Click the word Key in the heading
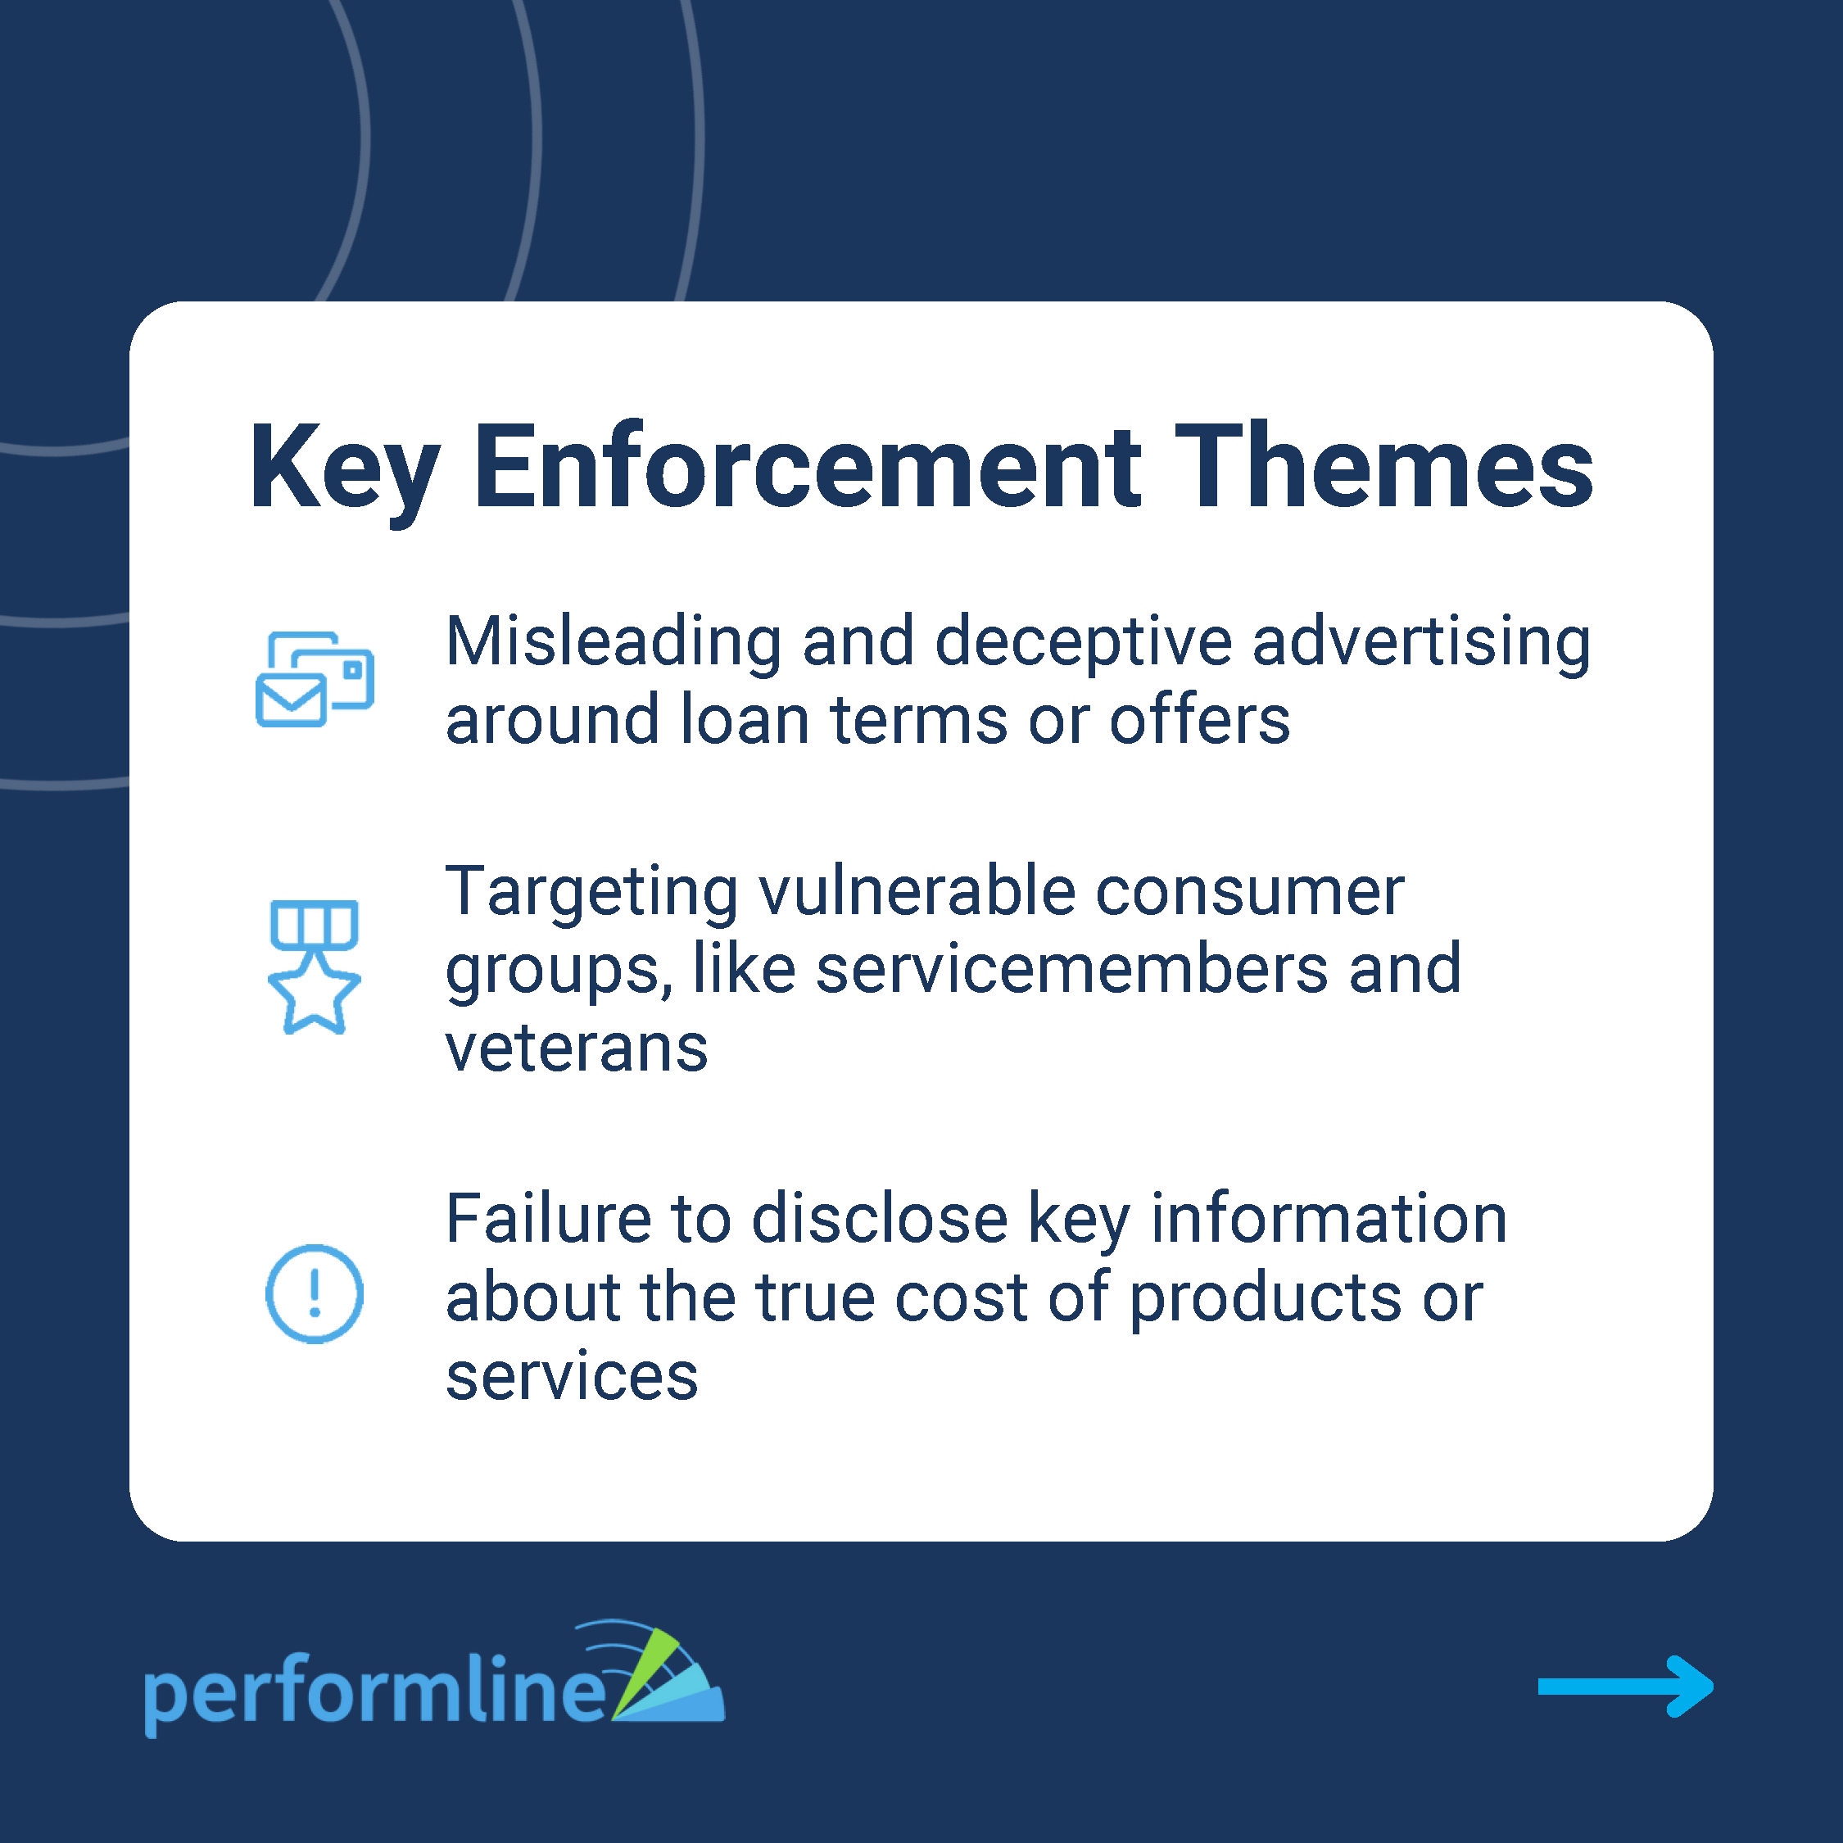[344, 469]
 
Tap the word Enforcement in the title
[807, 468]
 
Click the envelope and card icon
[315, 679]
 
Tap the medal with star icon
[315, 967]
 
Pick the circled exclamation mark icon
[314, 1293]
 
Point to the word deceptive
[1083, 641]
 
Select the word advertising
[1421, 643]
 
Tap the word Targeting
[591, 893]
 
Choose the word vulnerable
[917, 891]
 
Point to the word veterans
[576, 1048]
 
